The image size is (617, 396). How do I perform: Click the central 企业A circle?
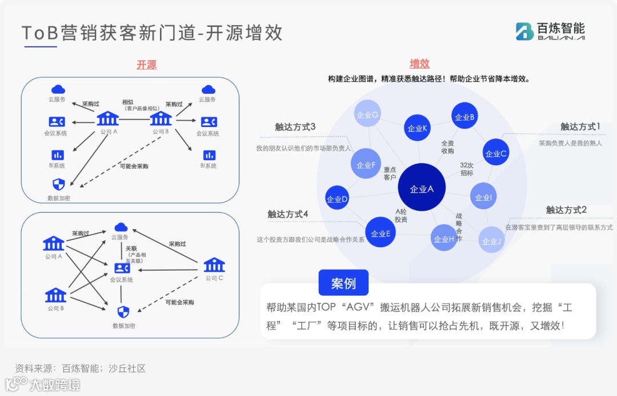click(x=422, y=188)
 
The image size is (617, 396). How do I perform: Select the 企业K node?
click(x=417, y=128)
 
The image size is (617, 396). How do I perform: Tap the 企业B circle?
click(x=464, y=116)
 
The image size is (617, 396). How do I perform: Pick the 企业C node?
click(x=496, y=153)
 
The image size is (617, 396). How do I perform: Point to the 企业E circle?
click(x=380, y=232)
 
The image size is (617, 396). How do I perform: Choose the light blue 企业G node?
click(x=367, y=114)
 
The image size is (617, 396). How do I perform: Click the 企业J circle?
click(x=491, y=240)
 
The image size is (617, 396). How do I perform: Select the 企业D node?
click(x=337, y=199)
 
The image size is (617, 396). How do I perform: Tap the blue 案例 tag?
click(x=343, y=283)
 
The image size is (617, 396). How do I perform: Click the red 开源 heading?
click(x=146, y=65)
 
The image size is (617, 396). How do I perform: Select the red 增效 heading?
click(x=419, y=64)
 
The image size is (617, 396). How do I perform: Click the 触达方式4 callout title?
click(x=288, y=214)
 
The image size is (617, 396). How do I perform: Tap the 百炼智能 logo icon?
click(x=524, y=31)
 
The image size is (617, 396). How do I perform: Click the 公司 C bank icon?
click(x=214, y=265)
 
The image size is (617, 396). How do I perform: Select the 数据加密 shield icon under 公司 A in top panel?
click(x=59, y=184)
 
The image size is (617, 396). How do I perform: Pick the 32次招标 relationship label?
click(x=467, y=169)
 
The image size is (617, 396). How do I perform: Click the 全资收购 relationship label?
click(x=447, y=147)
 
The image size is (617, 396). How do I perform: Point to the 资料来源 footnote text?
click(x=81, y=368)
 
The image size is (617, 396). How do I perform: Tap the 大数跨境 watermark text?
click(x=54, y=385)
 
